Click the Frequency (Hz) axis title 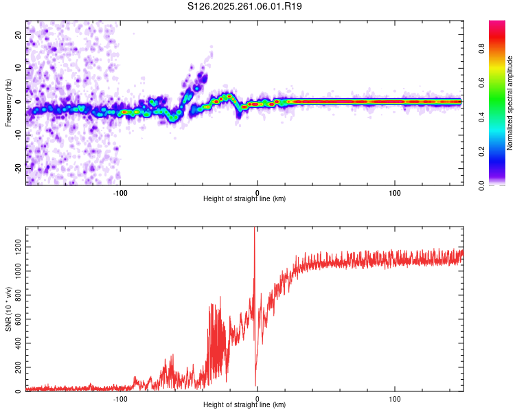(x=8, y=103)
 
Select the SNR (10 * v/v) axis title (x=8, y=310)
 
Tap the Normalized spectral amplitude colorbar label (x=510, y=103)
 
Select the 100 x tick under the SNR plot (x=395, y=398)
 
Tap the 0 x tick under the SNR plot (x=257, y=398)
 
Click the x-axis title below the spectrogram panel (x=245, y=199)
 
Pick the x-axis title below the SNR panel (x=245, y=405)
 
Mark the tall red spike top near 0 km (x=255, y=229)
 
